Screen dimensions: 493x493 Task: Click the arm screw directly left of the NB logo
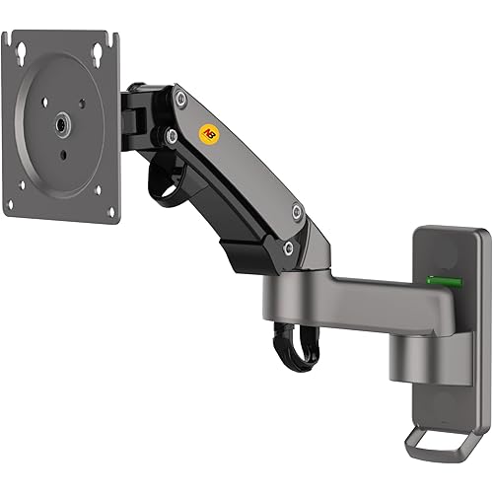(171, 134)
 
